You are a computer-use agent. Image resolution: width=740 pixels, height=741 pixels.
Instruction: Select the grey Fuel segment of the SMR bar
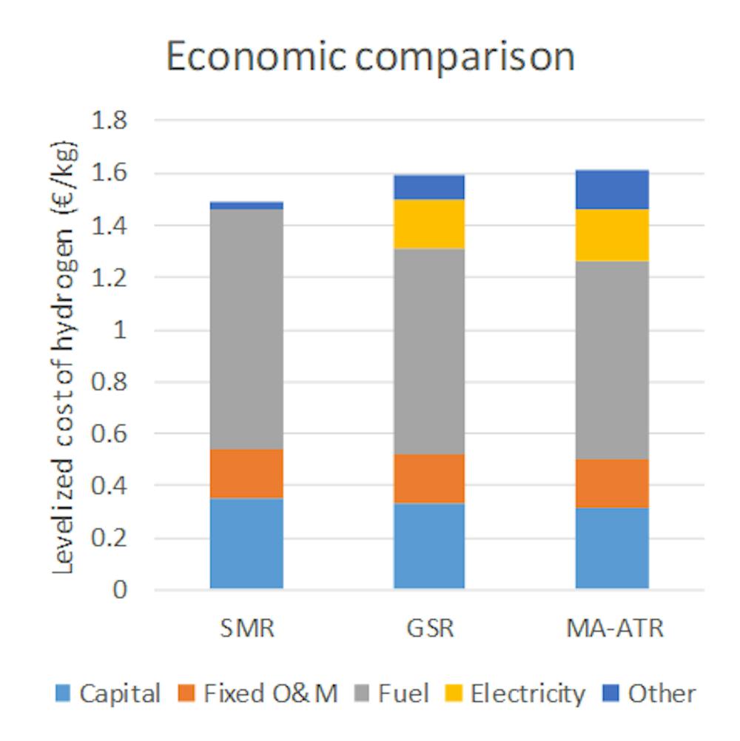coord(246,329)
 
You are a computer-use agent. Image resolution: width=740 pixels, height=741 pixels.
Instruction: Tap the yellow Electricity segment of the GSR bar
coord(428,224)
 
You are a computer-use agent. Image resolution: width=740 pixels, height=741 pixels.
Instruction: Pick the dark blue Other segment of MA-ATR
coord(612,189)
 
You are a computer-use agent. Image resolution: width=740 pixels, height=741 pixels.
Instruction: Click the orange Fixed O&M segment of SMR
coord(246,474)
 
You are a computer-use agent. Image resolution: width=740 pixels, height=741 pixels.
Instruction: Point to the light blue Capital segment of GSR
coord(428,546)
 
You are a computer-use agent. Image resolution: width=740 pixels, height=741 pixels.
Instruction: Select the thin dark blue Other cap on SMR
coord(246,205)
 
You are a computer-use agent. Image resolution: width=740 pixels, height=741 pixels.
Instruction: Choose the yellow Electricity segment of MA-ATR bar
coord(612,234)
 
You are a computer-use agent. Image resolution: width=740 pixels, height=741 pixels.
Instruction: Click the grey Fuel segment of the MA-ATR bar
coord(612,360)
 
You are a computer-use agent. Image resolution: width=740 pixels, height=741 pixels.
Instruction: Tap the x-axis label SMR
coord(246,629)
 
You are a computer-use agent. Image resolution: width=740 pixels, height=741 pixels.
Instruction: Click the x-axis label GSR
coord(428,629)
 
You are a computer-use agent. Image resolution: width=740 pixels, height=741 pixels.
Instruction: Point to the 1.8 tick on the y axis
coord(108,121)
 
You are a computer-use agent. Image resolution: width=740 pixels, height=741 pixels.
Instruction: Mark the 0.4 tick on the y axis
coord(108,487)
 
